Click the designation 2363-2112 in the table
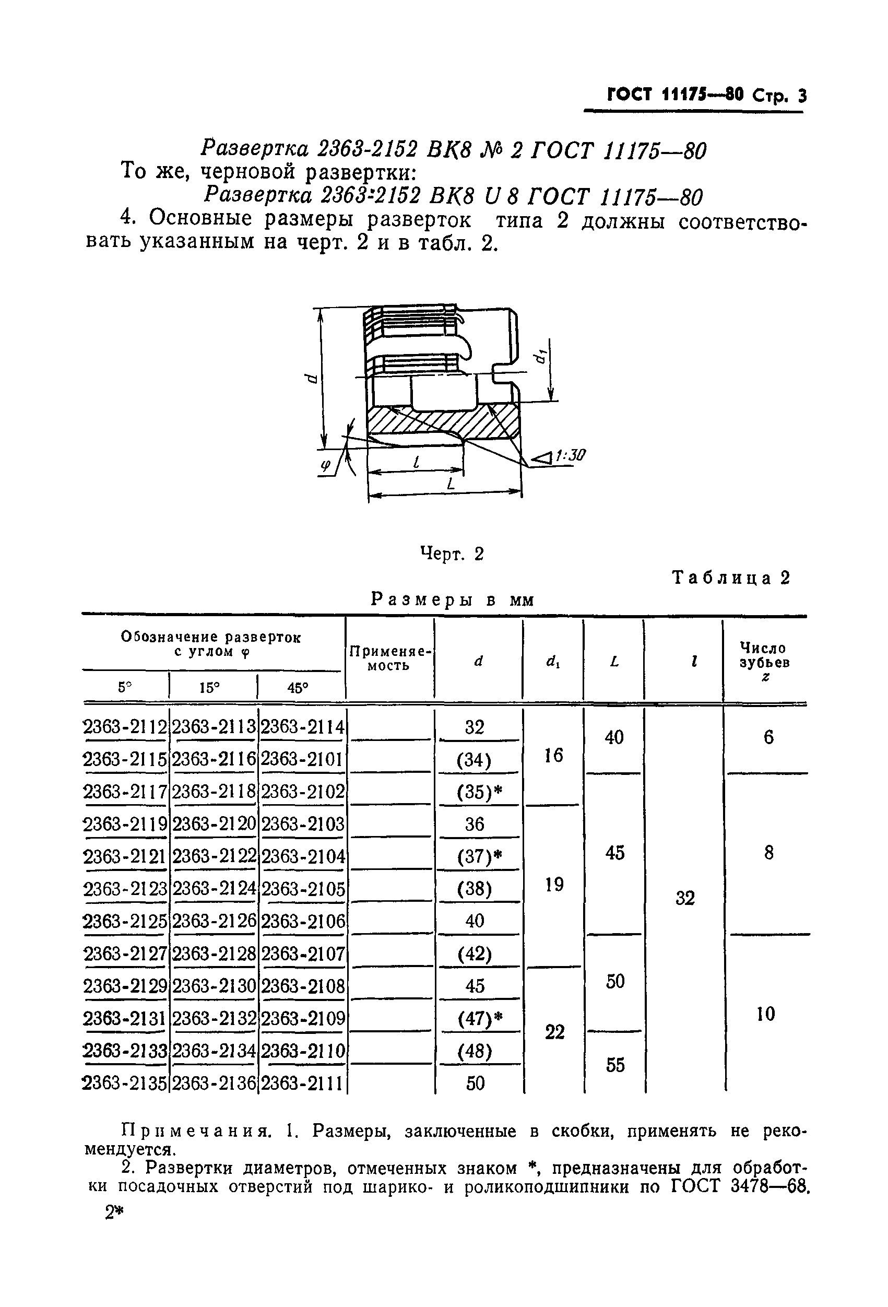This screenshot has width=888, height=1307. click(125, 728)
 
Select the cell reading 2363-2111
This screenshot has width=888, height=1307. click(303, 1083)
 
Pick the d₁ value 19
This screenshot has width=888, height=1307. click(554, 885)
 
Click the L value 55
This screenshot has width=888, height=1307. click(614, 1065)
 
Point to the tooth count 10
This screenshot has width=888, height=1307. click(766, 1014)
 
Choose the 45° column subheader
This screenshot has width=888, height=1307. click(298, 687)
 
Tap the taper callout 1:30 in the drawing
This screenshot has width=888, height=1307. click(570, 455)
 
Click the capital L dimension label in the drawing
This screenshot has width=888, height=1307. click(450, 484)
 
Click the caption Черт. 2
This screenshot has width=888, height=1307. click(452, 555)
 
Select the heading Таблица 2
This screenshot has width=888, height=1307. click(731, 578)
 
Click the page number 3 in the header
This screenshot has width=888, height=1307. click(801, 96)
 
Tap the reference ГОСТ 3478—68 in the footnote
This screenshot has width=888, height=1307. click(740, 1187)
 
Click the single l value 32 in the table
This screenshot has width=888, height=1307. click(685, 898)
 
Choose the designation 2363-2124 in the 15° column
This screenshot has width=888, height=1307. click(214, 889)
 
